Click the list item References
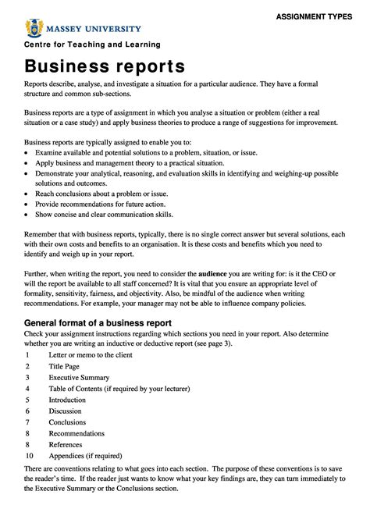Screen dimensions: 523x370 69,444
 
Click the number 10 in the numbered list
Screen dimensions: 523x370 29,455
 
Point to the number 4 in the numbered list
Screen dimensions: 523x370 27,388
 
